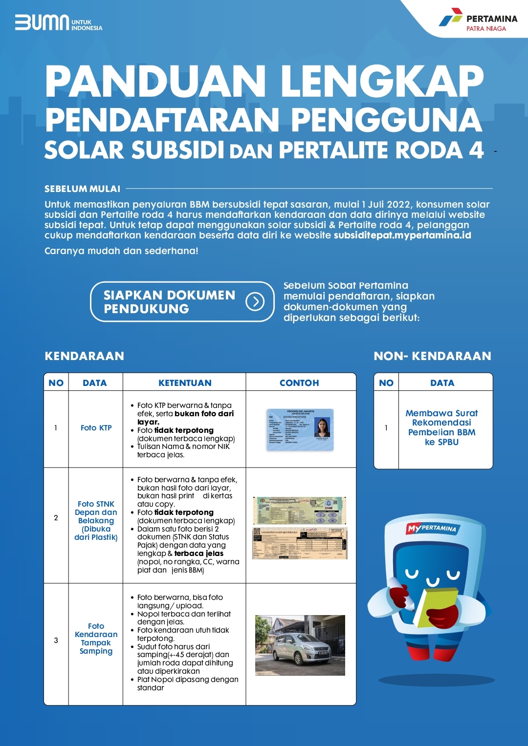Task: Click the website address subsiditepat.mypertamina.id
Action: (x=402, y=235)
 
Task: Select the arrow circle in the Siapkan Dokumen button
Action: (x=255, y=302)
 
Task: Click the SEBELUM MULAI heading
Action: (x=82, y=189)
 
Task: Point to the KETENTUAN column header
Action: (x=185, y=383)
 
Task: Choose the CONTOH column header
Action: (x=299, y=383)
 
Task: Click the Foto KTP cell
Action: (x=96, y=428)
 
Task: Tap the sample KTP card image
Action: (x=300, y=429)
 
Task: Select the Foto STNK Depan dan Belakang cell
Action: (x=96, y=520)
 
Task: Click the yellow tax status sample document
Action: (x=300, y=543)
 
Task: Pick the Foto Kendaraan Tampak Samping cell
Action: (x=96, y=639)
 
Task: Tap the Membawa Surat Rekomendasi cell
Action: (x=441, y=427)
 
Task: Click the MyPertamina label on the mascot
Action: (x=432, y=528)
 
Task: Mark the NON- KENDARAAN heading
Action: (x=432, y=356)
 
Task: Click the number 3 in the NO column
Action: (x=56, y=640)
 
